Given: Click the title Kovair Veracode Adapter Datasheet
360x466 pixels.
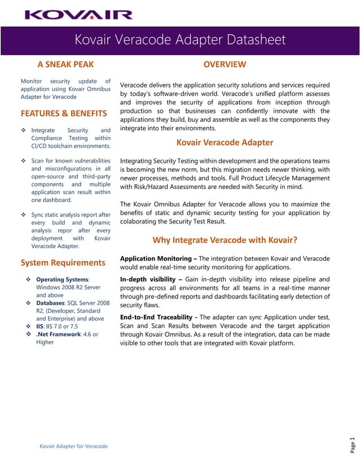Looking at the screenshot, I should pos(180,40).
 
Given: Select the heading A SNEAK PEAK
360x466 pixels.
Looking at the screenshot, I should pos(65,64).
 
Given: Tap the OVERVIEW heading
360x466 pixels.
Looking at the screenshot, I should pos(225,64).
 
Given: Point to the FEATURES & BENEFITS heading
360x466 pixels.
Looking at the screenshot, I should pos(64,113).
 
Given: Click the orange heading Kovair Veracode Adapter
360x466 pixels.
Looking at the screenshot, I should pos(225,142).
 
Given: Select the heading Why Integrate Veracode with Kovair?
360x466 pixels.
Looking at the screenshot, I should pos(225,240).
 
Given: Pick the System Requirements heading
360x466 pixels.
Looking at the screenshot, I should pos(63,262).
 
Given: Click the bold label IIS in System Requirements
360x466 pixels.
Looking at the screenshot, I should pos(40,326).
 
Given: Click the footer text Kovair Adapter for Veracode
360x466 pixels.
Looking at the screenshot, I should pos(73,446).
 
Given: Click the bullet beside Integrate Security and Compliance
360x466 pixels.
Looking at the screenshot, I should pos(24,130).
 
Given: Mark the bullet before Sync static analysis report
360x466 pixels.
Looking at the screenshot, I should pos(24,215).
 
